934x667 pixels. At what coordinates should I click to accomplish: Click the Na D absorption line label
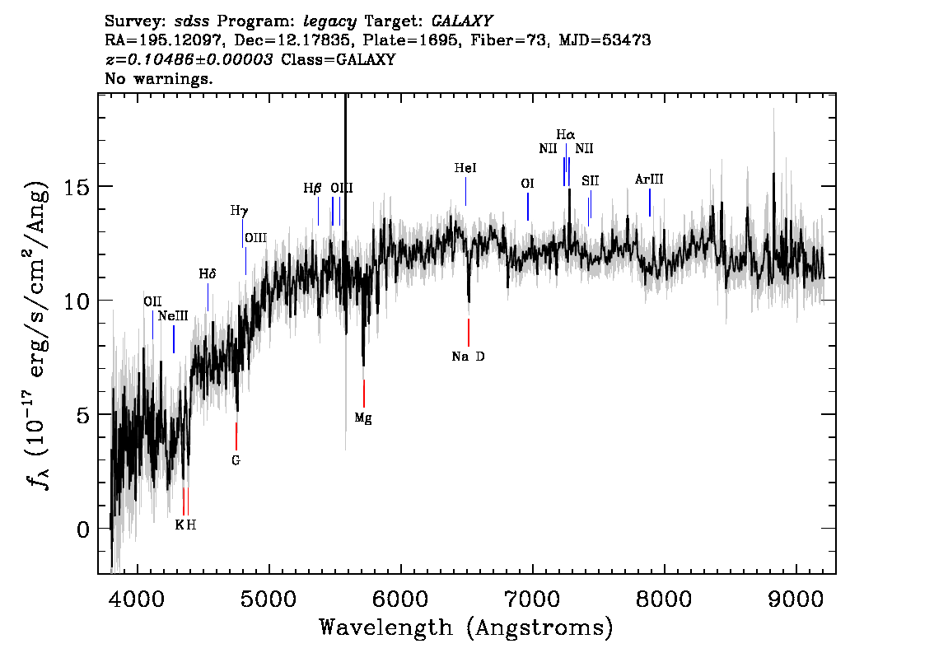tap(468, 357)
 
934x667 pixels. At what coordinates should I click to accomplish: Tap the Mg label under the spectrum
tap(363, 418)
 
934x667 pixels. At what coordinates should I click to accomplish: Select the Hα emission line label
tap(566, 134)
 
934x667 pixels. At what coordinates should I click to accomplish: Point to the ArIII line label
tap(649, 180)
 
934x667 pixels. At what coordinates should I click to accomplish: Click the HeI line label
tap(465, 168)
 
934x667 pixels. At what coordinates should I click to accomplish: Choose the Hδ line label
tap(208, 274)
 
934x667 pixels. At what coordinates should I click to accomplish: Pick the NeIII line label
tap(173, 316)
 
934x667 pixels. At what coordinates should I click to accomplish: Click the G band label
tap(236, 460)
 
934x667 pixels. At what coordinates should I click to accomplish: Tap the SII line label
tap(591, 181)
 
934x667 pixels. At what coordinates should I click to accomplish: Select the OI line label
tap(527, 184)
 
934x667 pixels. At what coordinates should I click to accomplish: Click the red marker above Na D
tap(469, 333)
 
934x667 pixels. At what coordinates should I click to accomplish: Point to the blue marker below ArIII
tap(649, 203)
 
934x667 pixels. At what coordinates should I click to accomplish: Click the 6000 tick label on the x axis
tap(400, 599)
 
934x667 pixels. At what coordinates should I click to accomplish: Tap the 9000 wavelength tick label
tap(796, 599)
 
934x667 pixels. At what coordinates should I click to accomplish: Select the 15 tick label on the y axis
tap(76, 187)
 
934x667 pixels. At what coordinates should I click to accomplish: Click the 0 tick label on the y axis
tap(83, 529)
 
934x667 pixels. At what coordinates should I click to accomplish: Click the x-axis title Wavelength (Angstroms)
tap(466, 628)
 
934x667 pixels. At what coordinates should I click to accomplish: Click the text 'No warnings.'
tap(158, 78)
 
